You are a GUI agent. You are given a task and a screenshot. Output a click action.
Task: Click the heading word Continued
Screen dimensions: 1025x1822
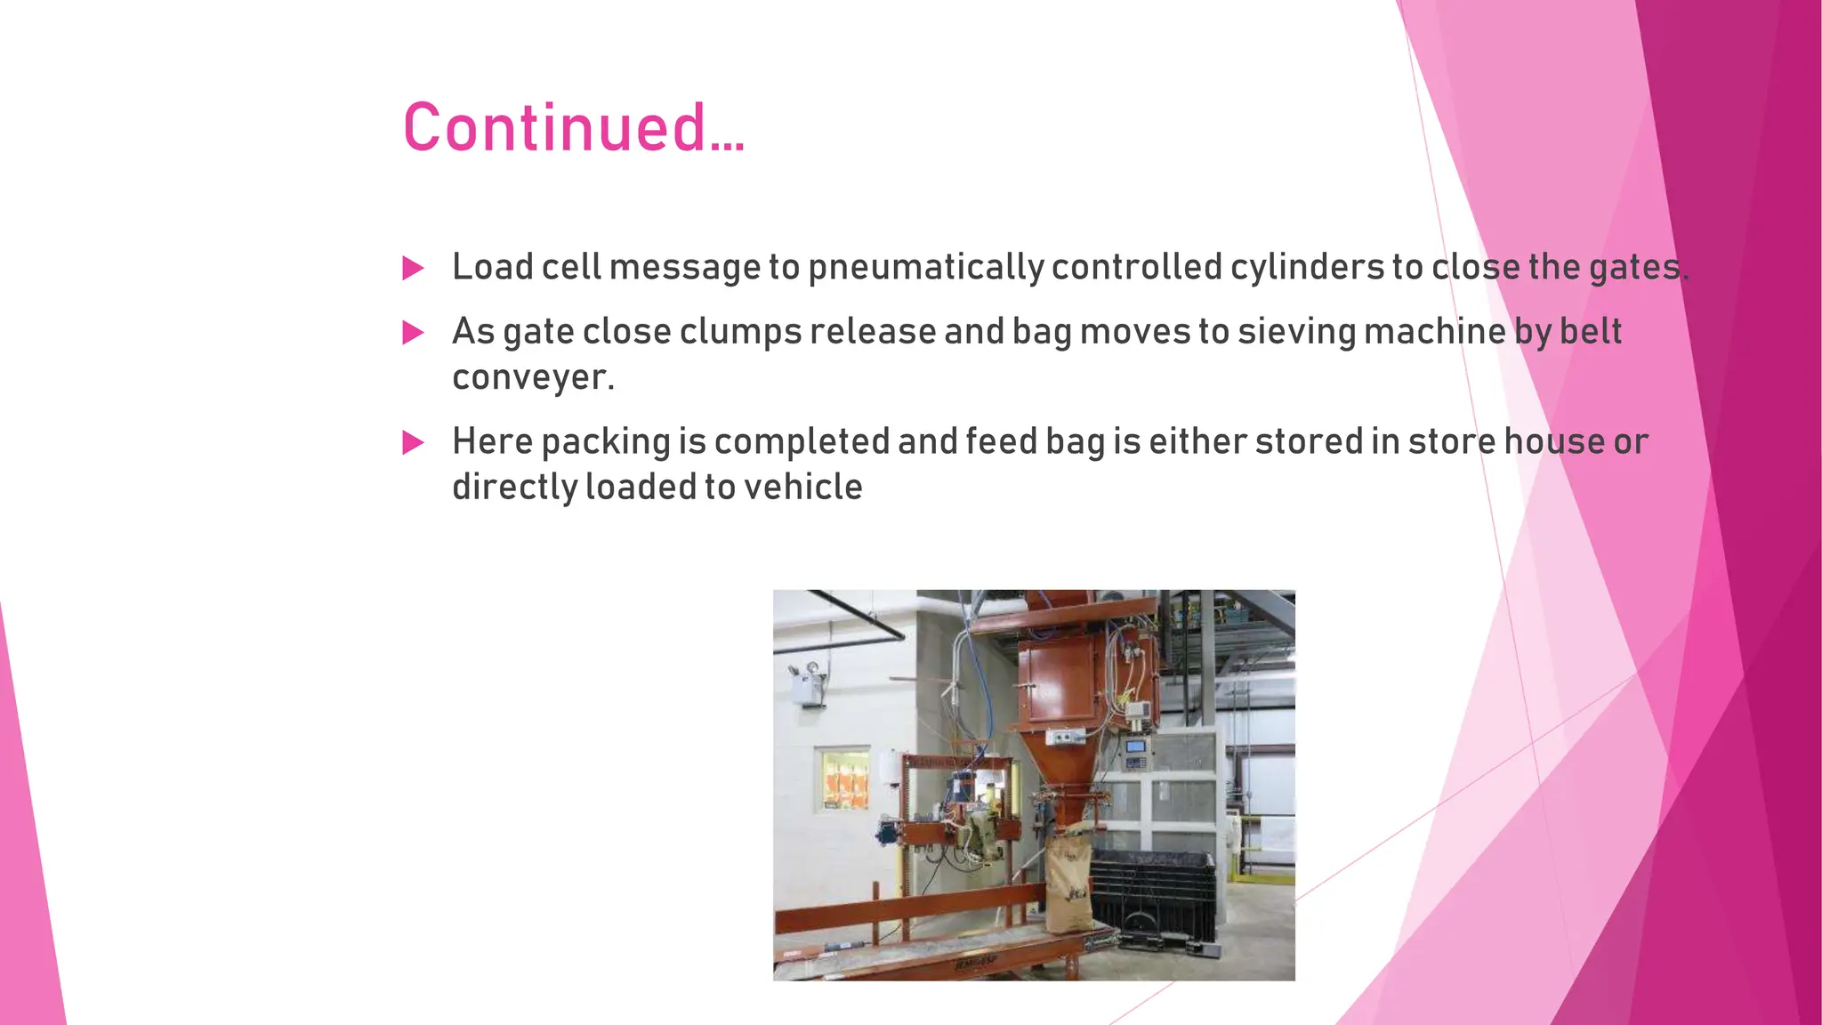[573, 127]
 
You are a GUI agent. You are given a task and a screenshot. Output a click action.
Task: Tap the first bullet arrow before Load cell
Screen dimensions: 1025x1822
[413, 268]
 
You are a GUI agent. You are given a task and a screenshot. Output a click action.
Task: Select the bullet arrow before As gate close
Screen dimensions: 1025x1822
[413, 333]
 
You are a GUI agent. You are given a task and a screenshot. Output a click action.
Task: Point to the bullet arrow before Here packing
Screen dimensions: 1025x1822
[413, 442]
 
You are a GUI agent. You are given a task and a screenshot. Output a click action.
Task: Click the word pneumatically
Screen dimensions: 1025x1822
[925, 268]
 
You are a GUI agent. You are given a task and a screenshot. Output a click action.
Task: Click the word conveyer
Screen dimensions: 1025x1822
[533, 378]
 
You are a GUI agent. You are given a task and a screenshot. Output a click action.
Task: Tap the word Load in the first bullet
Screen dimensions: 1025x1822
[492, 268]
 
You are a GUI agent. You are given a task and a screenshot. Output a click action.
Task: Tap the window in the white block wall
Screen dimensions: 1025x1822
[842, 779]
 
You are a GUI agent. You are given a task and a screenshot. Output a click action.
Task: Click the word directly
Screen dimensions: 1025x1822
[514, 488]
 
